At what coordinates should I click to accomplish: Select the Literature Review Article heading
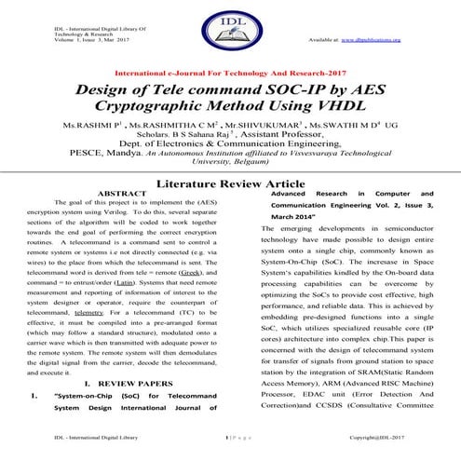click(x=230, y=185)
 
